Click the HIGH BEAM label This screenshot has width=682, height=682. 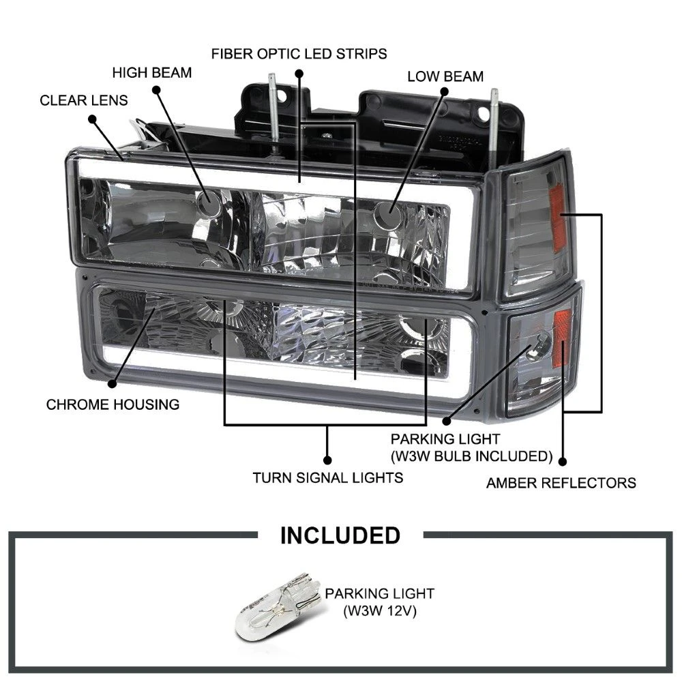coord(151,72)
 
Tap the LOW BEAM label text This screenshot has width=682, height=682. coord(445,76)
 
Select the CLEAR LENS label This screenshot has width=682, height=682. coord(83,100)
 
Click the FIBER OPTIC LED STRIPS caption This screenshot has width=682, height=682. coord(299,53)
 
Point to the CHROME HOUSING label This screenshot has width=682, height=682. coord(113,404)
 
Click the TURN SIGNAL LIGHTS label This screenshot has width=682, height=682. coord(327,477)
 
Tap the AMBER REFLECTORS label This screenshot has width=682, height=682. coord(561,483)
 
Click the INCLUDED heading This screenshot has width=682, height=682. coord(340,535)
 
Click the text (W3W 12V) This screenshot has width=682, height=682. coord(379,611)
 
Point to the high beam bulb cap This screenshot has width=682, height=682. coord(206,202)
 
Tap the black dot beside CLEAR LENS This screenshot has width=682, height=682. coord(74,118)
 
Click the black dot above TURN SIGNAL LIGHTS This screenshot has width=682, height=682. coord(327,460)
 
